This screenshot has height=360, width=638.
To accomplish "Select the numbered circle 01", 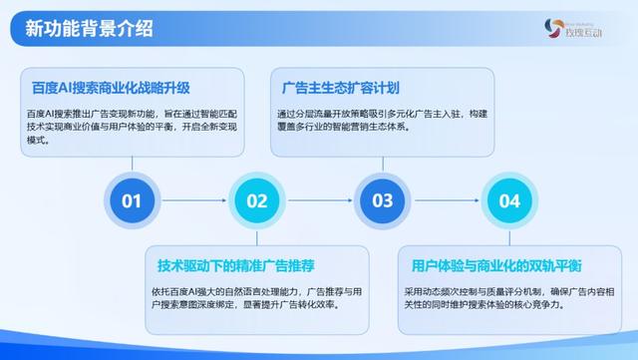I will (132, 200).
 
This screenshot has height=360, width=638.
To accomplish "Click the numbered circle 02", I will (257, 200).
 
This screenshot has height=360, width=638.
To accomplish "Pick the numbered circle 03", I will (383, 200).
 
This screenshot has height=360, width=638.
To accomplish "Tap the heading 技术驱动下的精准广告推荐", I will (236, 265).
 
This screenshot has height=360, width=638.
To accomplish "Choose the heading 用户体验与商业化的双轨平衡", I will (496, 265).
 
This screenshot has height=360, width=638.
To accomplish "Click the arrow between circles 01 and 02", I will (194, 200).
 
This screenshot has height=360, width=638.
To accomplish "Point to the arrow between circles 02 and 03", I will (320, 200).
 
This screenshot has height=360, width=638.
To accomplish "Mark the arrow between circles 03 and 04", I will (446, 200).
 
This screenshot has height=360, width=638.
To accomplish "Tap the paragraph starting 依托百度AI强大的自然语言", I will (255, 297).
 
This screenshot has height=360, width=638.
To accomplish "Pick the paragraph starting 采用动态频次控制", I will (508, 297).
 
